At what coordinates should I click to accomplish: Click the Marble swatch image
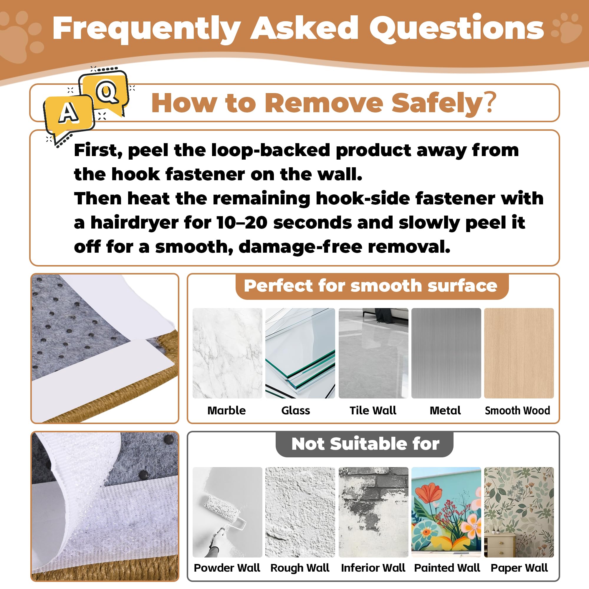[x=227, y=353]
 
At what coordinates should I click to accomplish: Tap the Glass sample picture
[x=300, y=353]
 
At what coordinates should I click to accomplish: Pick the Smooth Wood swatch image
[x=519, y=353]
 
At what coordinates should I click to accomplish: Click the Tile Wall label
[x=373, y=410]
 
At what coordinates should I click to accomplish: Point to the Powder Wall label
[x=227, y=568]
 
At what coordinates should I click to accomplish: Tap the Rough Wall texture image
[x=300, y=512]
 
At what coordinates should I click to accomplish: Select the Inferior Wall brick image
[x=373, y=512]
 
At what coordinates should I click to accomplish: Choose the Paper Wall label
[x=519, y=568]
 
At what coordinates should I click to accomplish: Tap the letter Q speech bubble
[x=105, y=92]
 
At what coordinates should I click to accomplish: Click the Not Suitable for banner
[x=365, y=444]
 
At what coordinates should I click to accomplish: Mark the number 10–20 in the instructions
[x=242, y=223]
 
